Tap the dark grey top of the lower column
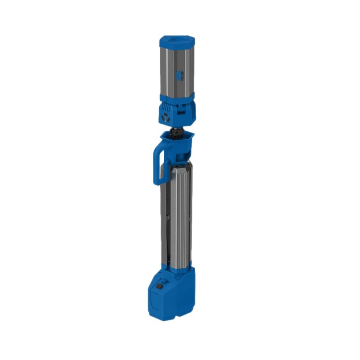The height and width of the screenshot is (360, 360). [x=178, y=169]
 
